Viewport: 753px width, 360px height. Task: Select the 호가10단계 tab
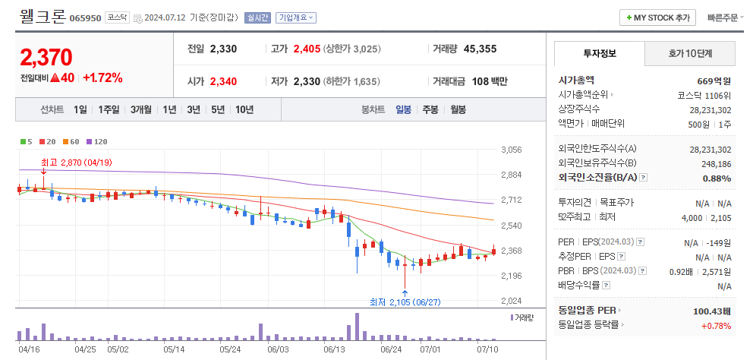(x=690, y=53)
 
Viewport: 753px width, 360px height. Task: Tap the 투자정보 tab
(x=599, y=53)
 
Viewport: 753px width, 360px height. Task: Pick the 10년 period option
(x=244, y=109)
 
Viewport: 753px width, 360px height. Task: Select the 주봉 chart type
(x=430, y=109)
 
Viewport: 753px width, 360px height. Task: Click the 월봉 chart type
(x=458, y=109)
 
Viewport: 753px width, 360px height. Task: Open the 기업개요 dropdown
(x=296, y=17)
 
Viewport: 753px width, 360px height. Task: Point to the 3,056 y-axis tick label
(x=512, y=150)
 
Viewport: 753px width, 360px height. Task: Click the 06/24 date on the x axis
(x=390, y=349)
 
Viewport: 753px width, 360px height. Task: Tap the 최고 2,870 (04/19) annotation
(x=76, y=162)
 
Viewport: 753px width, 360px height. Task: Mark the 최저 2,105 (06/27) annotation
(x=405, y=302)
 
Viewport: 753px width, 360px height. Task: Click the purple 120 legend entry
(x=98, y=141)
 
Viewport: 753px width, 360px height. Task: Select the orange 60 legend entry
(x=73, y=141)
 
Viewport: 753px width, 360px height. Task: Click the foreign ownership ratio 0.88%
(x=717, y=178)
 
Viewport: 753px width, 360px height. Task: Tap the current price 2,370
(x=46, y=57)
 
